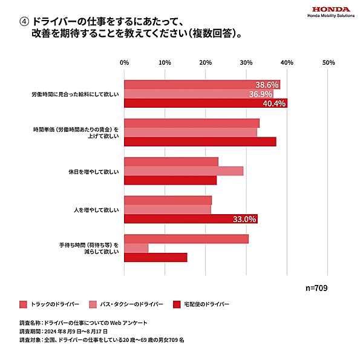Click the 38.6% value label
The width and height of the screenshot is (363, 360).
(267, 85)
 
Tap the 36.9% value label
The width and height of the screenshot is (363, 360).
(261, 94)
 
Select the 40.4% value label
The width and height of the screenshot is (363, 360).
(274, 103)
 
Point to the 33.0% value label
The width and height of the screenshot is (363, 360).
(245, 219)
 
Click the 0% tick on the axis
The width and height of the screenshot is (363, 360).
(124, 62)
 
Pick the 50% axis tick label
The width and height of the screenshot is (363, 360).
(329, 62)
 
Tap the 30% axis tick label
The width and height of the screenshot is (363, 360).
(246, 62)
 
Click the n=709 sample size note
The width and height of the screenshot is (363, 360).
(315, 288)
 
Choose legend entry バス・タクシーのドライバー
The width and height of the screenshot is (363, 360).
(125, 304)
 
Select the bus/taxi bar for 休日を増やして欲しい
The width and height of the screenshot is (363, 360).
(183, 171)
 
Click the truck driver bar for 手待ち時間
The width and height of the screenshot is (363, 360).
(186, 239)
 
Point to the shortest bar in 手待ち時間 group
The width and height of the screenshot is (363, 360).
(136, 248)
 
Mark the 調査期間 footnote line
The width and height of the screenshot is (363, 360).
(64, 332)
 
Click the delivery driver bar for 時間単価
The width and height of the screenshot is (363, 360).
(200, 142)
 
